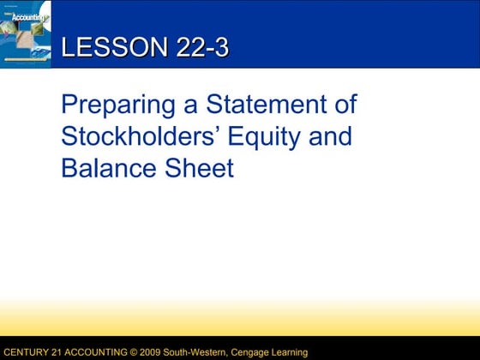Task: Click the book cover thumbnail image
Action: click(27, 33)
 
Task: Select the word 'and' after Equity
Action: click(333, 137)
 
